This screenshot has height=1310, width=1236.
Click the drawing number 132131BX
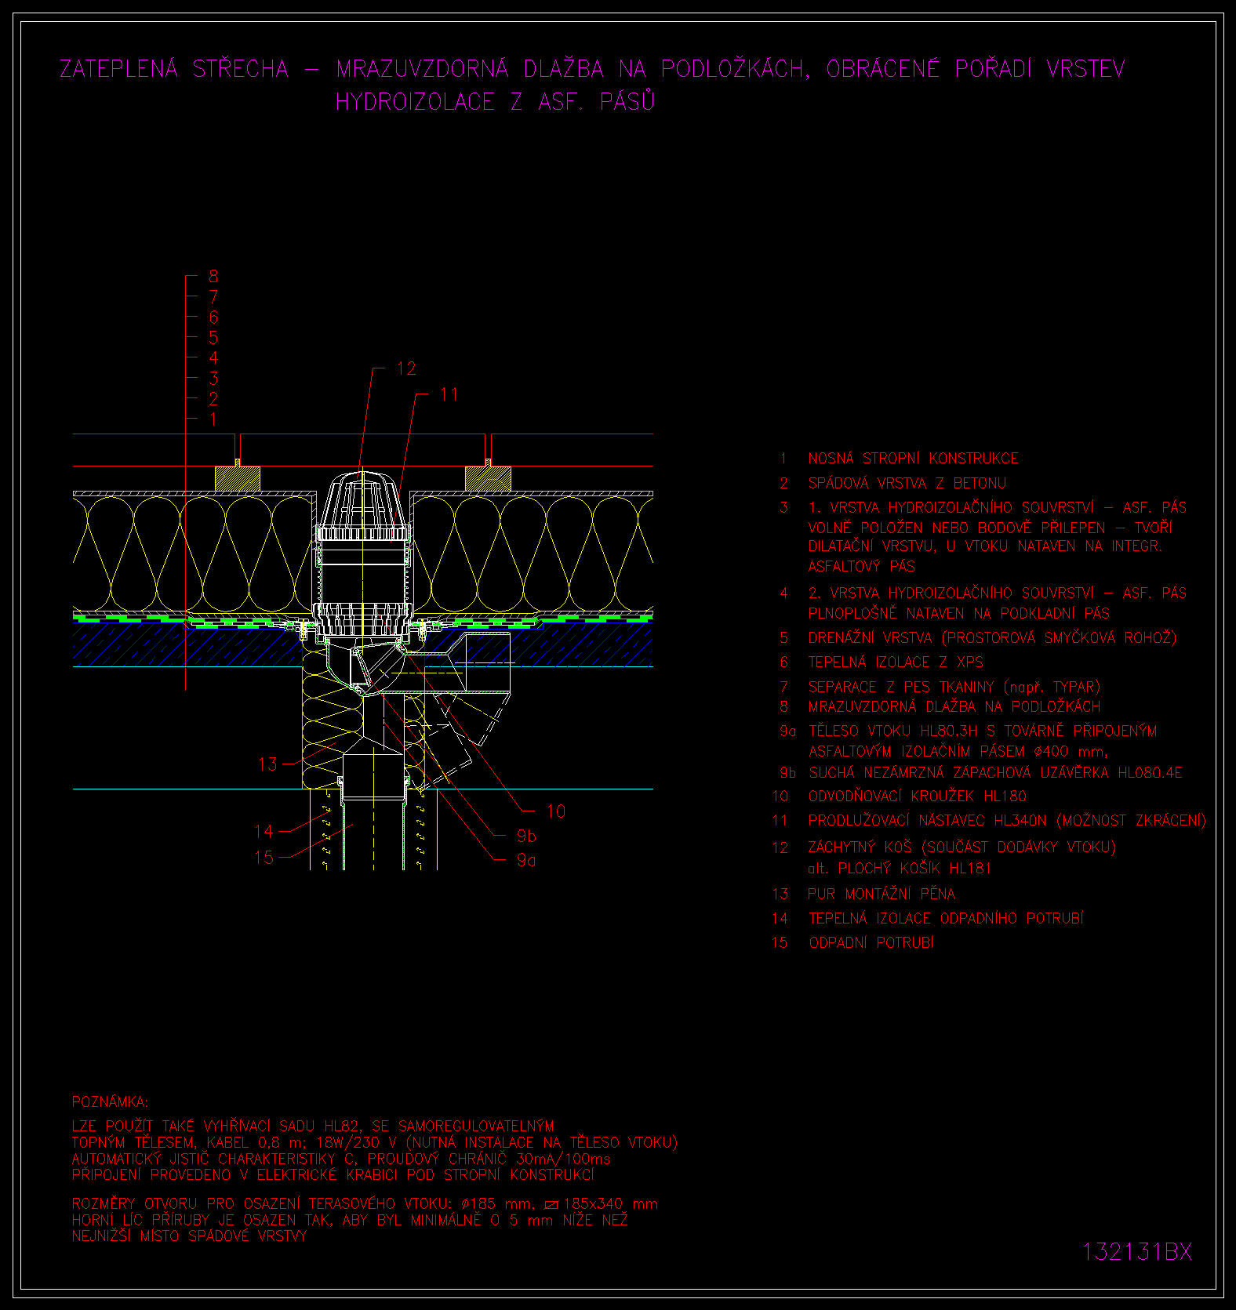click(1136, 1251)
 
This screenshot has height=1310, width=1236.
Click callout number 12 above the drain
click(406, 368)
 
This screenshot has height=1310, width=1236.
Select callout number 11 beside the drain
click(449, 394)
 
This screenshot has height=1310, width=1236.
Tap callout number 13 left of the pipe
click(267, 764)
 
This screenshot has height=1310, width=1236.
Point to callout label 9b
click(526, 836)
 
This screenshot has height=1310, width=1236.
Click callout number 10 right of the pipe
click(556, 811)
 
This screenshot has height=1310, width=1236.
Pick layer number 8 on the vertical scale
click(213, 277)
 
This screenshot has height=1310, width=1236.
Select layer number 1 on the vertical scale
click(213, 419)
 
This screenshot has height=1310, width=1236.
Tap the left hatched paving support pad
click(238, 479)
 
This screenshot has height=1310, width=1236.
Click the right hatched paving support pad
click(488, 479)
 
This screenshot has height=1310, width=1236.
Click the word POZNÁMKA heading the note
click(110, 1102)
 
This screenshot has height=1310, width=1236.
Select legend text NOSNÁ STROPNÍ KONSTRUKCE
click(913, 459)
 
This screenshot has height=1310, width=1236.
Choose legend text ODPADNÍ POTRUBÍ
click(871, 943)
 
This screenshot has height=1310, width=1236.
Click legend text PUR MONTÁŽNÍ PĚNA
click(882, 894)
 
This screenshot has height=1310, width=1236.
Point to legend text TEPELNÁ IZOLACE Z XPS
click(896, 662)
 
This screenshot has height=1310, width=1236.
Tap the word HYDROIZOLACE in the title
click(415, 102)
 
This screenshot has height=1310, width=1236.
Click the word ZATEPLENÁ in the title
click(119, 69)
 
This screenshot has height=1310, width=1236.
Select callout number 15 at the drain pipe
click(264, 858)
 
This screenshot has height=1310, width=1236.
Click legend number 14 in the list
click(780, 918)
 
